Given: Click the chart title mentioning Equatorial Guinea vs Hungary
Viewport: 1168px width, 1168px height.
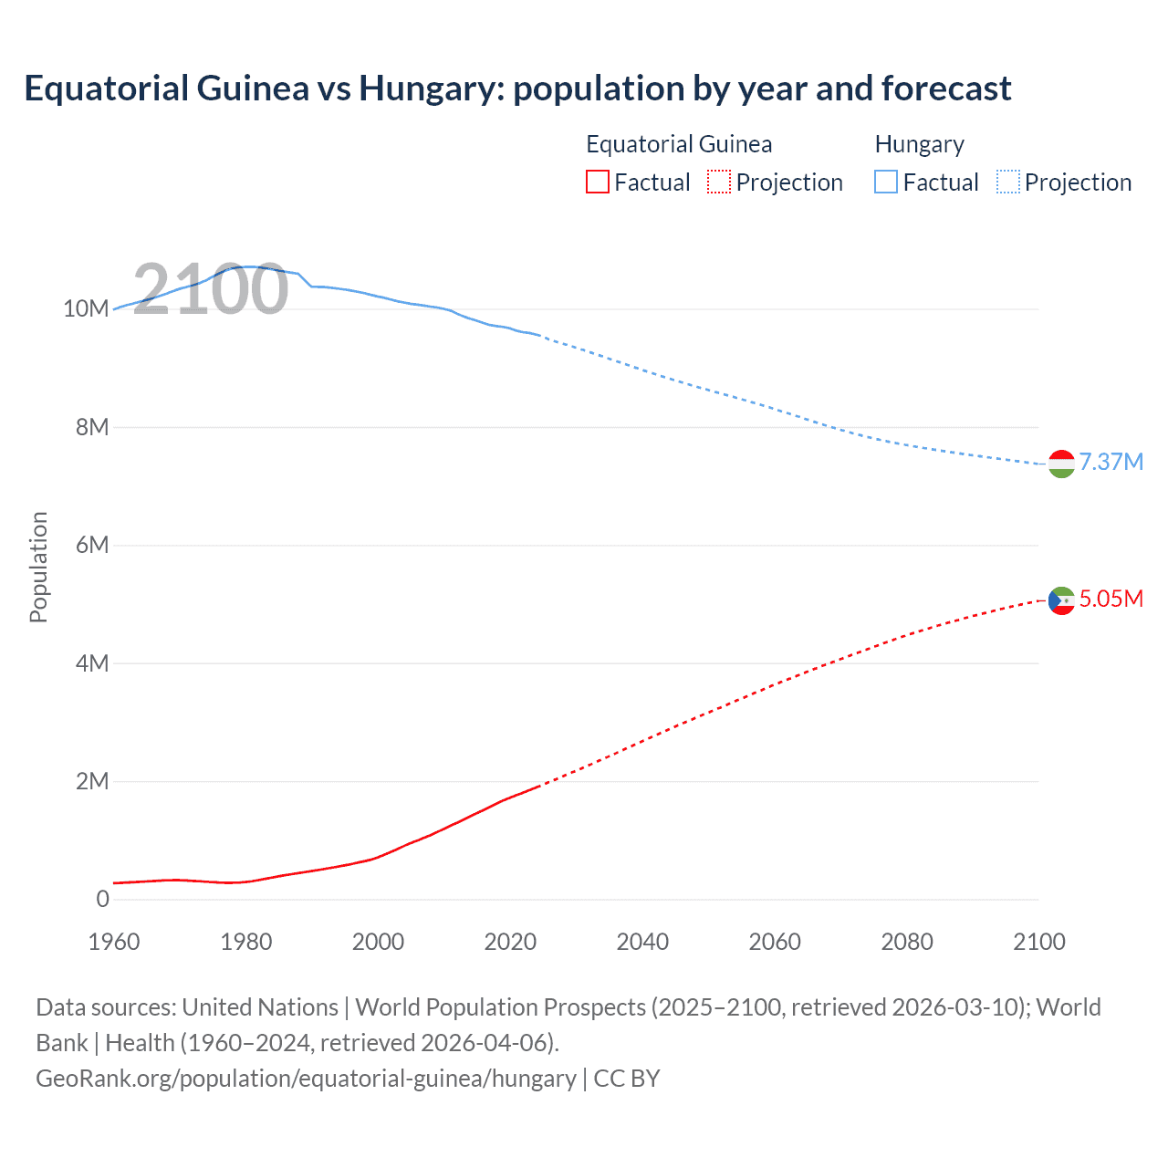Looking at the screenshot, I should pos(517,89).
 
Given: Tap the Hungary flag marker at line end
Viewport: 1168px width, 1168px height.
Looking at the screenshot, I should pos(1061,464).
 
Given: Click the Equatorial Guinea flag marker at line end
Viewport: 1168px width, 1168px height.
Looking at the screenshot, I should pos(1061,600).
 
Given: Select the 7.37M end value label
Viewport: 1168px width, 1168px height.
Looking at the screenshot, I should pos(1111,462).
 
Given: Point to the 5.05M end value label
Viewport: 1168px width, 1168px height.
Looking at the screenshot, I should pos(1111,599).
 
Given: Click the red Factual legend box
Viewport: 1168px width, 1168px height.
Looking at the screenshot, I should pos(598,182).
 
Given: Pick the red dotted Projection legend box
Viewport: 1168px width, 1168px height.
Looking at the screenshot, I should pos(719,182).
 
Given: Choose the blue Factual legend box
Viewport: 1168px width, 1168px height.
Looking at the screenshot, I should pos(886,182).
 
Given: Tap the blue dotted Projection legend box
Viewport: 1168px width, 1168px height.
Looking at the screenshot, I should pos(1008,182).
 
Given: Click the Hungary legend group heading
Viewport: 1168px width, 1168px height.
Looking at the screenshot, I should pos(919,144).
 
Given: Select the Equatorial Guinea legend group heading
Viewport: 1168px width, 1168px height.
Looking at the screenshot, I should pos(679,144).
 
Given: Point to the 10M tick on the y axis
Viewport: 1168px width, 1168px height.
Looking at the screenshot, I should pos(86,309).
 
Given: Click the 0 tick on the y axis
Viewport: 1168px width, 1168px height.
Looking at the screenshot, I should pos(102,900).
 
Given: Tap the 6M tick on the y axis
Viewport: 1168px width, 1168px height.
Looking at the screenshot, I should pos(92,546).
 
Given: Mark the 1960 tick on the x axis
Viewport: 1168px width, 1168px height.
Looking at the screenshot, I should pos(114,942).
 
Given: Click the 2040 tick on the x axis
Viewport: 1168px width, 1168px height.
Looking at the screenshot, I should pos(642,942).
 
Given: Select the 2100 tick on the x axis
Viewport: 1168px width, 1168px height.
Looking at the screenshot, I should pos(1038,942).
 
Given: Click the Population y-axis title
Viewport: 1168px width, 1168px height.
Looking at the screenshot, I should pos(38,567).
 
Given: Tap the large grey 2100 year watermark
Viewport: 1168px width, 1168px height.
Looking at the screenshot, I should pos(211,289).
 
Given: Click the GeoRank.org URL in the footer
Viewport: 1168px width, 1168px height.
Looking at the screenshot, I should pos(306,1079).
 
